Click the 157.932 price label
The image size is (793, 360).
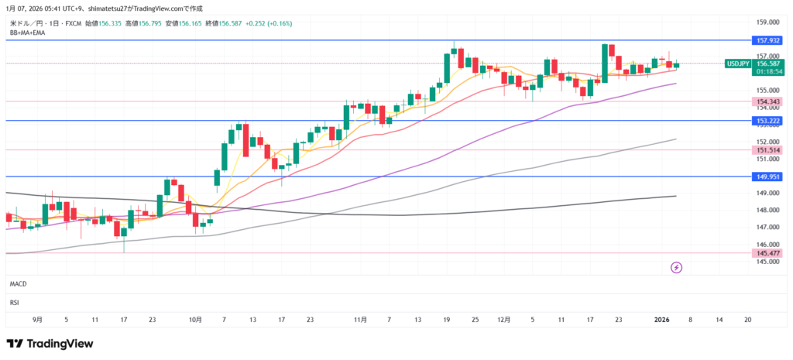[x=764, y=39]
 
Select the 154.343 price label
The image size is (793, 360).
[x=764, y=101]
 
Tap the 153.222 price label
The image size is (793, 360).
[x=764, y=121]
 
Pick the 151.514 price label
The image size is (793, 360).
[x=764, y=150]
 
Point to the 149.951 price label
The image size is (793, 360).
[x=764, y=177]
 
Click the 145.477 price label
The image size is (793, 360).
[x=764, y=252]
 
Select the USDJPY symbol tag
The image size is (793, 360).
[x=737, y=63]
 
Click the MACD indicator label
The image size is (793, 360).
[x=18, y=284]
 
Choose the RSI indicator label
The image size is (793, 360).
[x=14, y=302]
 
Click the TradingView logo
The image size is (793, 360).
[x=50, y=343]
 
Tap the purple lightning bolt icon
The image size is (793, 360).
[x=676, y=267]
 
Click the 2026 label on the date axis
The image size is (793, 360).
[x=662, y=319]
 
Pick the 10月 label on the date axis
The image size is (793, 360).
[x=195, y=319]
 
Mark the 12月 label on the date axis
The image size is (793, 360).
[x=504, y=319]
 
